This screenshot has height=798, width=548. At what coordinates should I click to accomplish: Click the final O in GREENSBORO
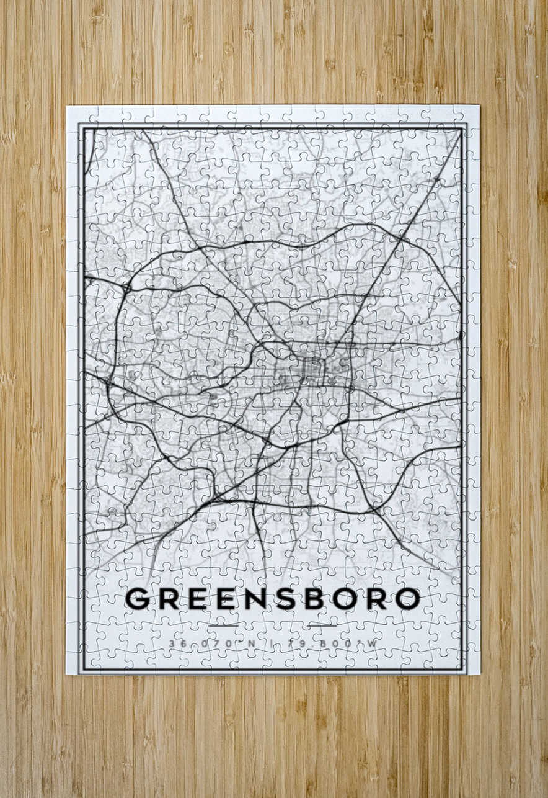click(x=407, y=598)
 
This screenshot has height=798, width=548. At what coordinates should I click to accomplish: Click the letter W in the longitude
click(x=371, y=643)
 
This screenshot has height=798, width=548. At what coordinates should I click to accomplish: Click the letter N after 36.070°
click(x=251, y=643)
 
